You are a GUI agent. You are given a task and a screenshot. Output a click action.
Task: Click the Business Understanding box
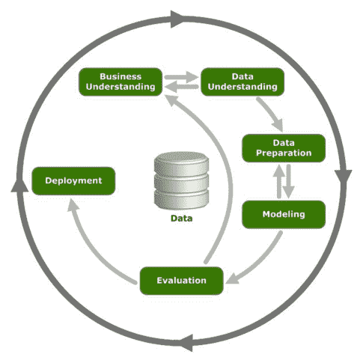tap(121, 82)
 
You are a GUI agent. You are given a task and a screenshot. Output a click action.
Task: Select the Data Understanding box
tap(242, 82)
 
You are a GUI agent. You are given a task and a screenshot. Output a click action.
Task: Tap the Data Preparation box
tap(284, 148)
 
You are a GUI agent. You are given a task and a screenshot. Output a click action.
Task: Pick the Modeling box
tap(284, 214)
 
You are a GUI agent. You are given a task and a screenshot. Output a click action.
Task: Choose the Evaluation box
tap(182, 281)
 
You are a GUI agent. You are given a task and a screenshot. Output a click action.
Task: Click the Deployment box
tap(73, 181)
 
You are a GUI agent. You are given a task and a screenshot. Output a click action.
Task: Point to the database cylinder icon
tap(181, 180)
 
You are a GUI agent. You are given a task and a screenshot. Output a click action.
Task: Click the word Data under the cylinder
tap(182, 219)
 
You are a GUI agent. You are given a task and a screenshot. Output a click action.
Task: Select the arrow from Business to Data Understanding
tap(182, 77)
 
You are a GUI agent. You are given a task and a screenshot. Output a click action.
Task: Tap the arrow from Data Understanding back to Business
tap(182, 87)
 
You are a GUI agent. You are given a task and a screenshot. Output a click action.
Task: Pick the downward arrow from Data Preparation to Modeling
tap(289, 181)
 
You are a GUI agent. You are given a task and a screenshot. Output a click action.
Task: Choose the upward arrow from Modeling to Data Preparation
tap(279, 181)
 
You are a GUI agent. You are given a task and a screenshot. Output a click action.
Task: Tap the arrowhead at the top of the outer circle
tap(177, 19)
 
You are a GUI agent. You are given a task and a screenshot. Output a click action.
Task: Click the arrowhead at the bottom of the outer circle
tap(186, 343)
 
